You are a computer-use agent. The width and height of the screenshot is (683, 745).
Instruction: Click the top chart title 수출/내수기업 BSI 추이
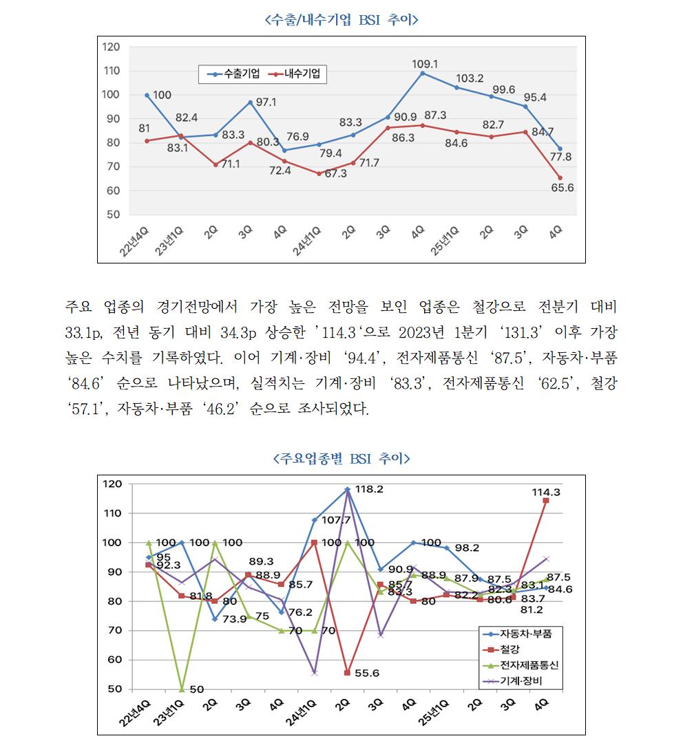point(341,20)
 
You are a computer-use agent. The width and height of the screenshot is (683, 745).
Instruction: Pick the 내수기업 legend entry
point(298,74)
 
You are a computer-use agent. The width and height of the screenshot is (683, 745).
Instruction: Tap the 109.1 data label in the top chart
point(425,63)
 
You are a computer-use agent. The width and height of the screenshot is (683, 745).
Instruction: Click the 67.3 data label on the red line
point(337,173)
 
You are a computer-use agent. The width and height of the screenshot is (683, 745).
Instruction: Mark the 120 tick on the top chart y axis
point(111,47)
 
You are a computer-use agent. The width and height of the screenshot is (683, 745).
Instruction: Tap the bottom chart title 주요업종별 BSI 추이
point(341,458)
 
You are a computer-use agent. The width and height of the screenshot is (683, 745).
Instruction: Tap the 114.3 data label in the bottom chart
point(546,493)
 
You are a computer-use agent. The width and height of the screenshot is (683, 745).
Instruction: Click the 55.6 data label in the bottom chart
point(367,673)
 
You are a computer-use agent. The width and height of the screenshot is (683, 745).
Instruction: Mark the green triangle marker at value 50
point(181,689)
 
